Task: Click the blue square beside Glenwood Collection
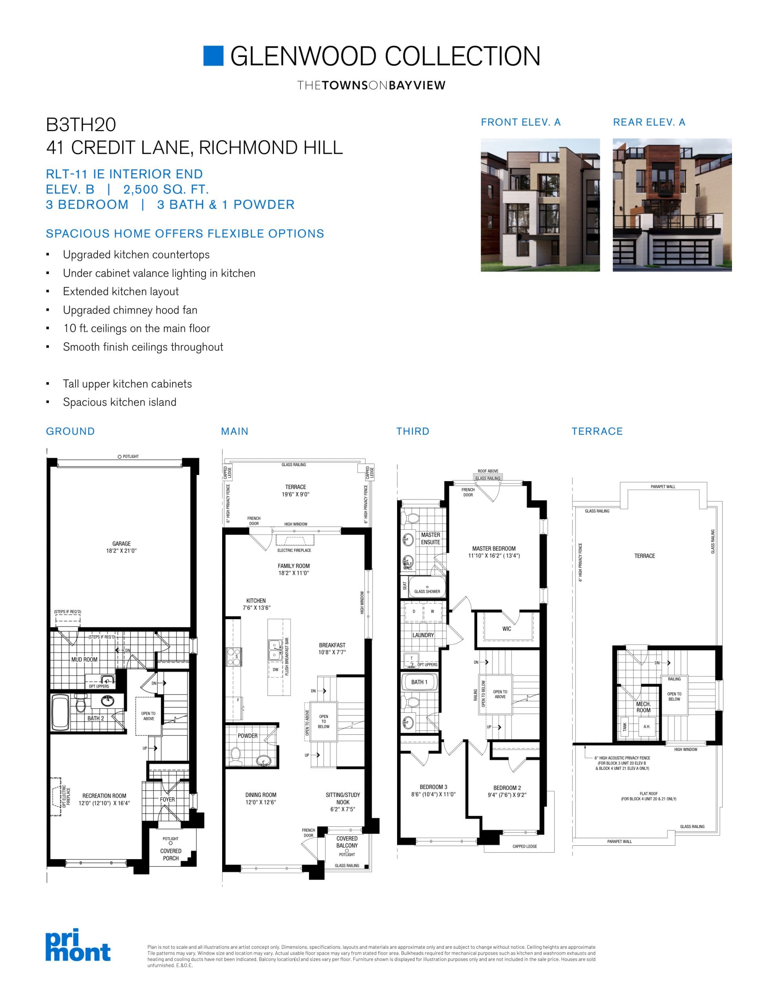coord(213,56)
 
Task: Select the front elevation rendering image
coord(540,205)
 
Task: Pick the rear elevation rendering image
coord(672,205)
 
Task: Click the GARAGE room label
coord(121,544)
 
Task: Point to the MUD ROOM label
coord(85,659)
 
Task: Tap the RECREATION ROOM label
coord(104,796)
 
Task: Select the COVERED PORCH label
coord(171,854)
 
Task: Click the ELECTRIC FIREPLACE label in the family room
coord(294,550)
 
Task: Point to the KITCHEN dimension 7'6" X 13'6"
coord(256,608)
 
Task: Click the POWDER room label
coord(248,736)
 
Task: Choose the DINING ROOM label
coord(261,795)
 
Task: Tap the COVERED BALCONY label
coord(347,842)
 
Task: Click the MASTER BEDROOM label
coord(494,549)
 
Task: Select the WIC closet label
coord(506,629)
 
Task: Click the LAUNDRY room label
coord(423,635)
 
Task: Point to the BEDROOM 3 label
coord(433,787)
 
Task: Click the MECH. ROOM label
coord(644,707)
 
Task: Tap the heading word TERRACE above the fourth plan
coord(597,431)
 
